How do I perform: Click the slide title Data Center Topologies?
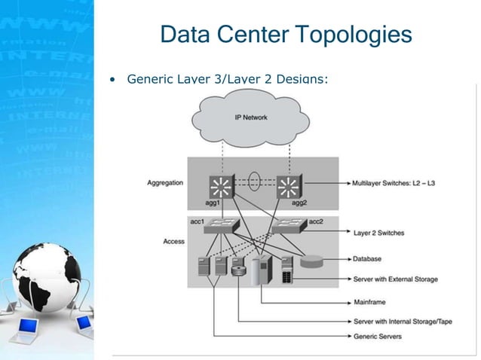point(286,35)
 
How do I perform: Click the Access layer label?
point(173,241)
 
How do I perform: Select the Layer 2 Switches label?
point(378,233)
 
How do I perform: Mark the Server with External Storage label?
point(395,279)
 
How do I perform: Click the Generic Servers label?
point(377,336)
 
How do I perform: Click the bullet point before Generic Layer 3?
point(113,78)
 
